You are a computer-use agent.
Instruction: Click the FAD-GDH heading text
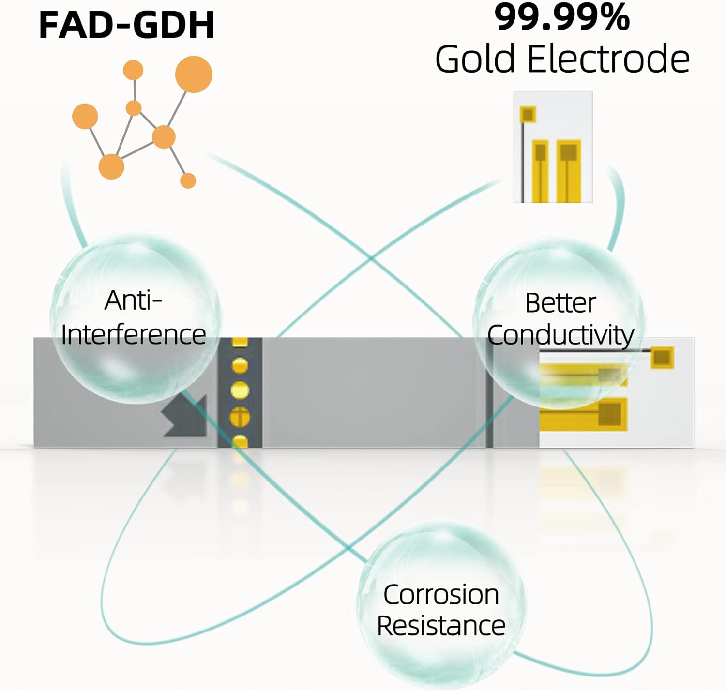pyautogui.click(x=126, y=25)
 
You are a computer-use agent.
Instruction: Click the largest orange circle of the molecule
pyautogui.click(x=194, y=74)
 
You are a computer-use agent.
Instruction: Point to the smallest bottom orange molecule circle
pyautogui.click(x=188, y=180)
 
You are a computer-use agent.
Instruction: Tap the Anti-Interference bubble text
pyautogui.click(x=133, y=317)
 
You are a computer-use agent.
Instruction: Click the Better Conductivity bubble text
pyautogui.click(x=560, y=319)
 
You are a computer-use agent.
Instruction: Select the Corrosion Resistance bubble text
pyautogui.click(x=441, y=610)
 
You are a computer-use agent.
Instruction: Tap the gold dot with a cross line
pyautogui.click(x=240, y=417)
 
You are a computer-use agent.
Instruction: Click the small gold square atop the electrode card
pyautogui.click(x=528, y=115)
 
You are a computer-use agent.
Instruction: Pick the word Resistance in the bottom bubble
pyautogui.click(x=441, y=626)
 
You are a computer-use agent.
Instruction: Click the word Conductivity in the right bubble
pyautogui.click(x=560, y=335)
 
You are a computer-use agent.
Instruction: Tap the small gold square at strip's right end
pyautogui.click(x=662, y=358)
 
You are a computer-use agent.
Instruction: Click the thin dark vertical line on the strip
pyautogui.click(x=489, y=392)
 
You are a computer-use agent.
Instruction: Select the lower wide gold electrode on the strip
pyautogui.click(x=583, y=415)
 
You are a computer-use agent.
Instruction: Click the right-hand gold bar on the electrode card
pyautogui.click(x=568, y=170)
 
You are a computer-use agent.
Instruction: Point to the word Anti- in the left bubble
pyautogui.click(x=133, y=300)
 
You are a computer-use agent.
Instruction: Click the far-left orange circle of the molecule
pyautogui.click(x=85, y=116)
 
